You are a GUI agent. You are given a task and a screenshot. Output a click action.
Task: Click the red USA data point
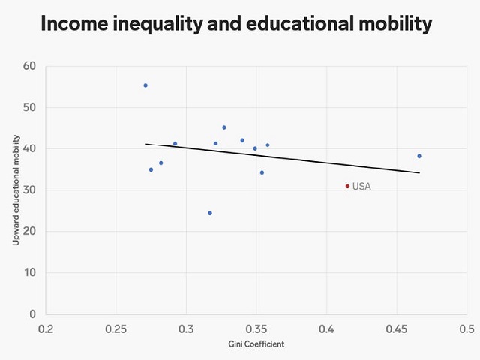tap(347, 186)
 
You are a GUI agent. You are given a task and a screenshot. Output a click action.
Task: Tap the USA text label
tap(361, 187)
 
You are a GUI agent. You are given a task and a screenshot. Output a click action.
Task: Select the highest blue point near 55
tap(145, 85)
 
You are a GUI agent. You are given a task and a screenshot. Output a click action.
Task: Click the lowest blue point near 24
tap(210, 213)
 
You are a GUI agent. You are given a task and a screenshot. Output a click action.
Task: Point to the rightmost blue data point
tap(419, 156)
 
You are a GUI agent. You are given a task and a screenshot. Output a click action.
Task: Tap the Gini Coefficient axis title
tap(256, 344)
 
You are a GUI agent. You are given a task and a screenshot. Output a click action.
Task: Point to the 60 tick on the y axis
tap(30, 66)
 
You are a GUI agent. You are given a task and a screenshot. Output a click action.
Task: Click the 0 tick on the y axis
tap(33, 314)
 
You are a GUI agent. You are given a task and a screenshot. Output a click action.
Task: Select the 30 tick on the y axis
tap(30, 190)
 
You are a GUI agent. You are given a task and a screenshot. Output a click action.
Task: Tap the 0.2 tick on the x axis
tap(46, 328)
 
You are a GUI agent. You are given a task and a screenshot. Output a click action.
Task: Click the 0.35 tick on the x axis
tap(256, 328)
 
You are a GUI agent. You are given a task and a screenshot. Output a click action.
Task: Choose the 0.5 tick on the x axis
tap(466, 328)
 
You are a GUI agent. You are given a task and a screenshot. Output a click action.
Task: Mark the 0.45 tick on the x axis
tap(397, 328)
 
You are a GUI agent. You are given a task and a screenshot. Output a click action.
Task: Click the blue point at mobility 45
tap(224, 127)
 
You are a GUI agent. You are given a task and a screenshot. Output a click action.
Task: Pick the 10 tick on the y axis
tap(30, 273)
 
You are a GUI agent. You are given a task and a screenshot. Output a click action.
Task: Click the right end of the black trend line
tap(418, 173)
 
